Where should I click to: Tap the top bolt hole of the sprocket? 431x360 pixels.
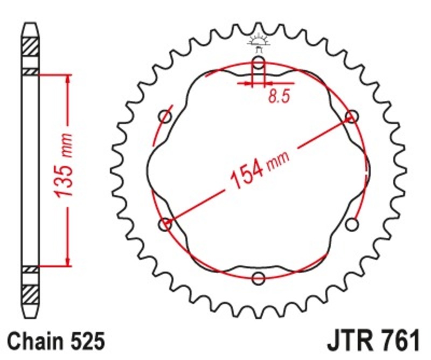pos(259,64)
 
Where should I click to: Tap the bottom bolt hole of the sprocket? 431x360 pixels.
pos(259,278)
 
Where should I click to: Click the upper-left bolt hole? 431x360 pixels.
pos(165,116)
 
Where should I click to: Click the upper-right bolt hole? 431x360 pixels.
pos(352,116)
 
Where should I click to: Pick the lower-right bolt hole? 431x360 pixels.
pos(352,224)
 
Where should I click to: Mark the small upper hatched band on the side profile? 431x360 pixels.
pos(30,71)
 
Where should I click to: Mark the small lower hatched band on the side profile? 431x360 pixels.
pos(30,268)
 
